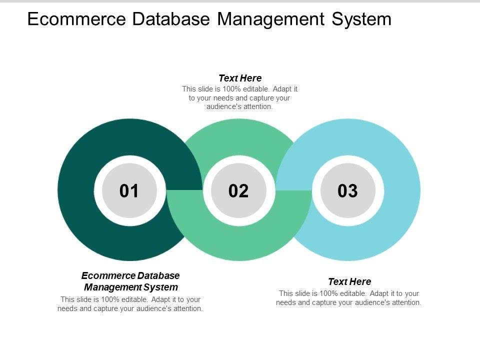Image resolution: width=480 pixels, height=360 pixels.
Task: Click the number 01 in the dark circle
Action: (129, 190)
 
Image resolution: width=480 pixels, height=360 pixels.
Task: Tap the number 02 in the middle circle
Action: (238, 190)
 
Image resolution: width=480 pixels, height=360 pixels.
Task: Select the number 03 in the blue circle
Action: (348, 190)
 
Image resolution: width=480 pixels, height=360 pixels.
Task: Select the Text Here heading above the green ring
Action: (240, 78)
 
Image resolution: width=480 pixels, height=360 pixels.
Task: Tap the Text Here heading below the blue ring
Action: (349, 281)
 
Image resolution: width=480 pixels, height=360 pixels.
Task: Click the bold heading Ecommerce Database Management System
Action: (130, 281)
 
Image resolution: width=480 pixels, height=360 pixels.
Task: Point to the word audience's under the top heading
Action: (223, 106)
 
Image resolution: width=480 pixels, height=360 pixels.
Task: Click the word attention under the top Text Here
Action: (257, 106)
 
